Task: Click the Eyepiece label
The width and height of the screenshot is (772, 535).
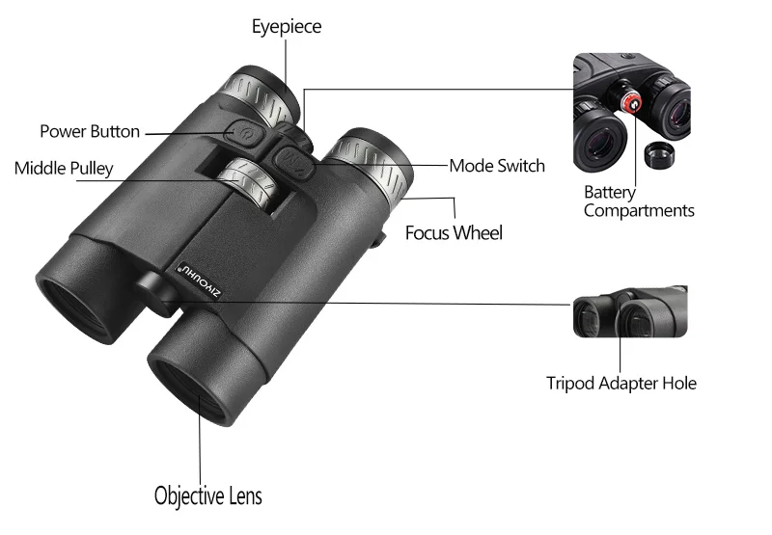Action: pyautogui.click(x=287, y=26)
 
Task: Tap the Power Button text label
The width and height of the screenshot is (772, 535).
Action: pyautogui.click(x=89, y=131)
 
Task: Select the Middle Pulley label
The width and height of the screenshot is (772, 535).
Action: pyautogui.click(x=64, y=169)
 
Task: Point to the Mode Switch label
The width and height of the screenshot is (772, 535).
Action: pyautogui.click(x=497, y=166)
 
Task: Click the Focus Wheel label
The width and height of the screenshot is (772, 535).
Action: pyautogui.click(x=454, y=232)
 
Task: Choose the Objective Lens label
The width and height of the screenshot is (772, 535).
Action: pyautogui.click(x=207, y=496)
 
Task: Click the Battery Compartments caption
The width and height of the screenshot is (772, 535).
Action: pyautogui.click(x=638, y=201)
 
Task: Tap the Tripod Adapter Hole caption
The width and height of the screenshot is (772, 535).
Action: pyautogui.click(x=620, y=383)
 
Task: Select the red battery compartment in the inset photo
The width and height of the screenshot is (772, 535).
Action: pyautogui.click(x=630, y=103)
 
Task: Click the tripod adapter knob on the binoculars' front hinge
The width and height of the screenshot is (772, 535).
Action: pyautogui.click(x=152, y=286)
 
